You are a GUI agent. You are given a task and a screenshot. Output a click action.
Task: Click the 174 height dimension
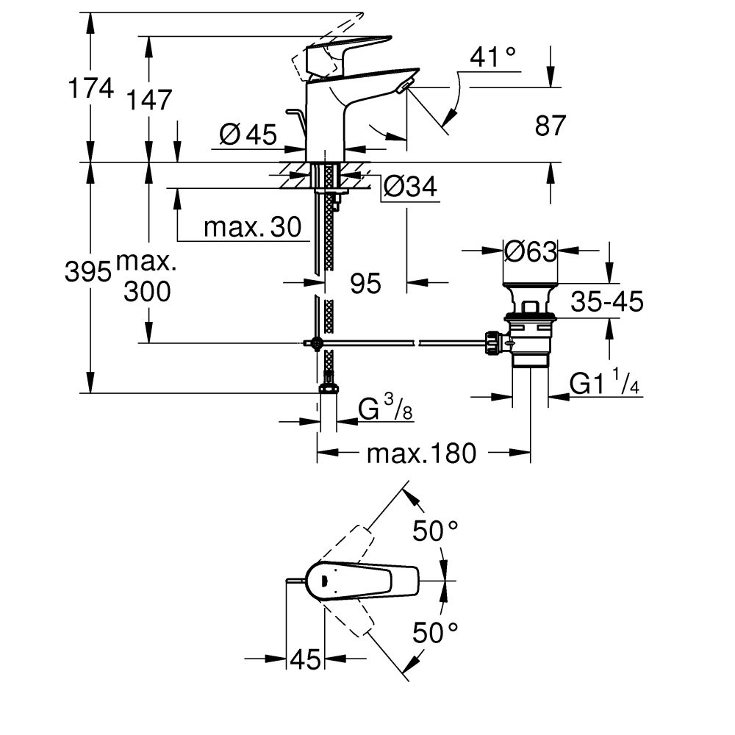[x=91, y=89]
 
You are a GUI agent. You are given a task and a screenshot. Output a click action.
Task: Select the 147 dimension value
[x=149, y=99]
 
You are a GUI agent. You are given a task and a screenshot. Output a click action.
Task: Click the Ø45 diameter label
[x=248, y=135]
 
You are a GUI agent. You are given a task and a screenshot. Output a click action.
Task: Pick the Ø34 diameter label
[x=409, y=188]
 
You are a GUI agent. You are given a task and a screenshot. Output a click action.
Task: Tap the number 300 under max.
[x=147, y=293]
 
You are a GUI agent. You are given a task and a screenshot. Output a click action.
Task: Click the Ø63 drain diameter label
[x=531, y=252]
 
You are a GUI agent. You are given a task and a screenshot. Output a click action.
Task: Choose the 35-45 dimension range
[x=607, y=301]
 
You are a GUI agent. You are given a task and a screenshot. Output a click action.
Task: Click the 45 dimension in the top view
[x=305, y=660]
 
